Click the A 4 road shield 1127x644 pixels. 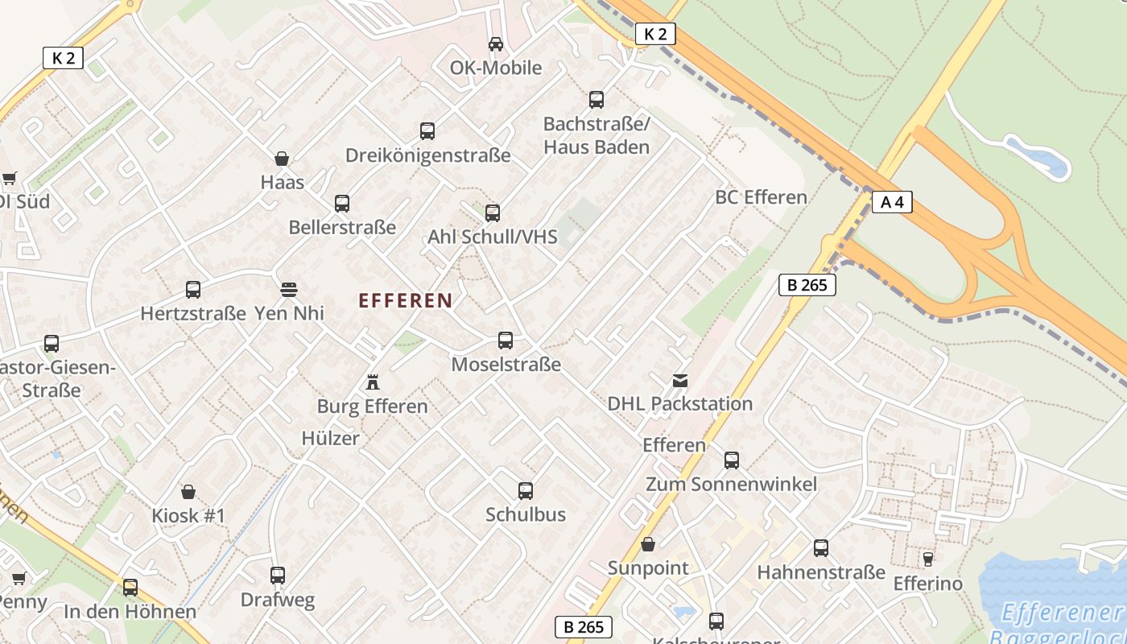coord(892,202)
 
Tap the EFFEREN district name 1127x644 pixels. coord(405,301)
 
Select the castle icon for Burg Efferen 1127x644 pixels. coord(373,382)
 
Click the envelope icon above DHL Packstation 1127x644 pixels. coord(680,381)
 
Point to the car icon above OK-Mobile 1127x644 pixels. coord(496,44)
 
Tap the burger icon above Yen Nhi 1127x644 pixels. coord(289,289)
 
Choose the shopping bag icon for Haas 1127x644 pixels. coord(282,159)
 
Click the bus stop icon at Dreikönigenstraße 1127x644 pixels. coord(427,130)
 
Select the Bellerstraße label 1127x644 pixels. coord(342,228)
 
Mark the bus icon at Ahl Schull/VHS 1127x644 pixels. coord(493,213)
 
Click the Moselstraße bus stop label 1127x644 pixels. coord(506,365)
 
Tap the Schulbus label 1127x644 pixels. coord(526,514)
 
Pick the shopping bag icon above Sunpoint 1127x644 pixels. coord(648,545)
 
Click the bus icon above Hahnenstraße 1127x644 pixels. coord(821,548)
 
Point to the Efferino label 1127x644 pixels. coord(927,584)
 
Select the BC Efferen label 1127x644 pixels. coord(761,197)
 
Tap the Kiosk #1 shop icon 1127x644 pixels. coord(188,492)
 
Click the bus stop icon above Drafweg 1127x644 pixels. coord(278,576)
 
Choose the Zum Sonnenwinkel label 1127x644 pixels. coord(731,484)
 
